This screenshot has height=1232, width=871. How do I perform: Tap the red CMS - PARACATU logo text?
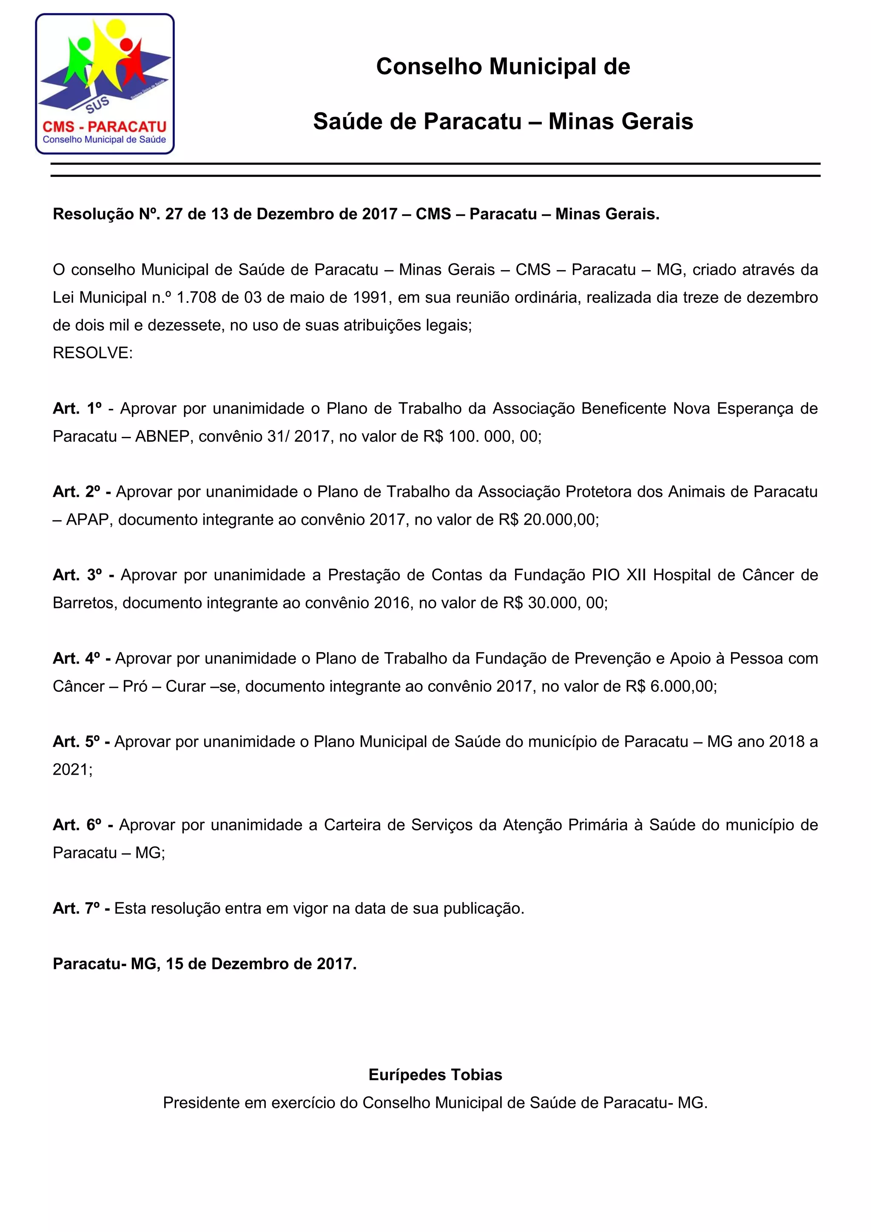pos(105,127)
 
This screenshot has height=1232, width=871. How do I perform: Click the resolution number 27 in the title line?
pos(174,214)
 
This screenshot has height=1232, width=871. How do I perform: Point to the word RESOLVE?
pos(92,353)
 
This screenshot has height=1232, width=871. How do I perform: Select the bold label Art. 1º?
pos(77,408)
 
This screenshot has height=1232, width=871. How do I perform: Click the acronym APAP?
pos(89,519)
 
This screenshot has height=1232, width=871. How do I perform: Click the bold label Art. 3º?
pos(77,575)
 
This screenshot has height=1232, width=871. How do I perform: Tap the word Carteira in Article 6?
pos(354,825)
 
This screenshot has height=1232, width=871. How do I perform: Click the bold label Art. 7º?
pos(77,908)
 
